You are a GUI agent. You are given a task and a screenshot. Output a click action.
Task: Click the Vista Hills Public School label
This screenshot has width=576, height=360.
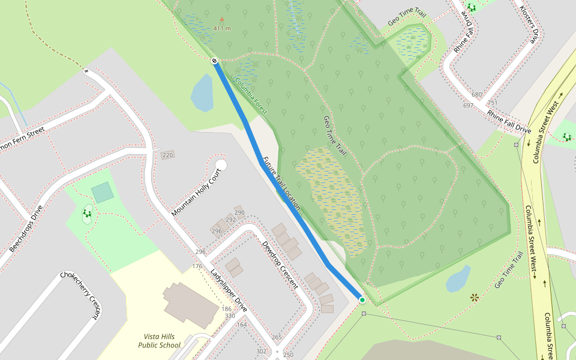click(x=159, y=341)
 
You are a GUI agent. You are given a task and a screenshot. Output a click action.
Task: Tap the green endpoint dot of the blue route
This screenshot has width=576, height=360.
click(x=362, y=299)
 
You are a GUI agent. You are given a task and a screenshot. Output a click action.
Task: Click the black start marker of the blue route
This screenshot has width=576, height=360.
click(x=214, y=61)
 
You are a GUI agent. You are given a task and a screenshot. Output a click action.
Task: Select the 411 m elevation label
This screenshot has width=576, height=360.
click(x=222, y=28)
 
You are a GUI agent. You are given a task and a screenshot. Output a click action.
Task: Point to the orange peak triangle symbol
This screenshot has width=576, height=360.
click(x=222, y=19)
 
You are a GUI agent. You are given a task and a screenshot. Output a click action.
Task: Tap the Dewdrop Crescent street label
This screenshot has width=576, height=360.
click(x=280, y=265)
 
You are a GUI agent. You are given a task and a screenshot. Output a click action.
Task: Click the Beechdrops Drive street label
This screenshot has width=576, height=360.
click(x=26, y=229)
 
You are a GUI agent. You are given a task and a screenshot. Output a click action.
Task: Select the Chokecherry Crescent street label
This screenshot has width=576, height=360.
click(x=79, y=297)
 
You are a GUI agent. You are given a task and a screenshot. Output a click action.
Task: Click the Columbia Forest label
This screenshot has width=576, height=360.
click(x=251, y=96)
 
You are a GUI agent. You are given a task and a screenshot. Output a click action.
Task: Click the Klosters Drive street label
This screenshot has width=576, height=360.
click(x=527, y=25)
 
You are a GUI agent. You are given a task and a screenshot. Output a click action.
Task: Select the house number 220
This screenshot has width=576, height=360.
click(x=167, y=155)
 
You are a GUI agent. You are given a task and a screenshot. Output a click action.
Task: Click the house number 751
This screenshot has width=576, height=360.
click(x=492, y=103)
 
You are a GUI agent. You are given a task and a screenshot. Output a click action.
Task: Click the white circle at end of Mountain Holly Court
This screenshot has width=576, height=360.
click(x=221, y=165)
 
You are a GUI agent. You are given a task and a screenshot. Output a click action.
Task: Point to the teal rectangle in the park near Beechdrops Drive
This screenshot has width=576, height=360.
click(x=103, y=193)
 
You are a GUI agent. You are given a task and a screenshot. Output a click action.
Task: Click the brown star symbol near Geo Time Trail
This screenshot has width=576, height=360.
click(x=475, y=297)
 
